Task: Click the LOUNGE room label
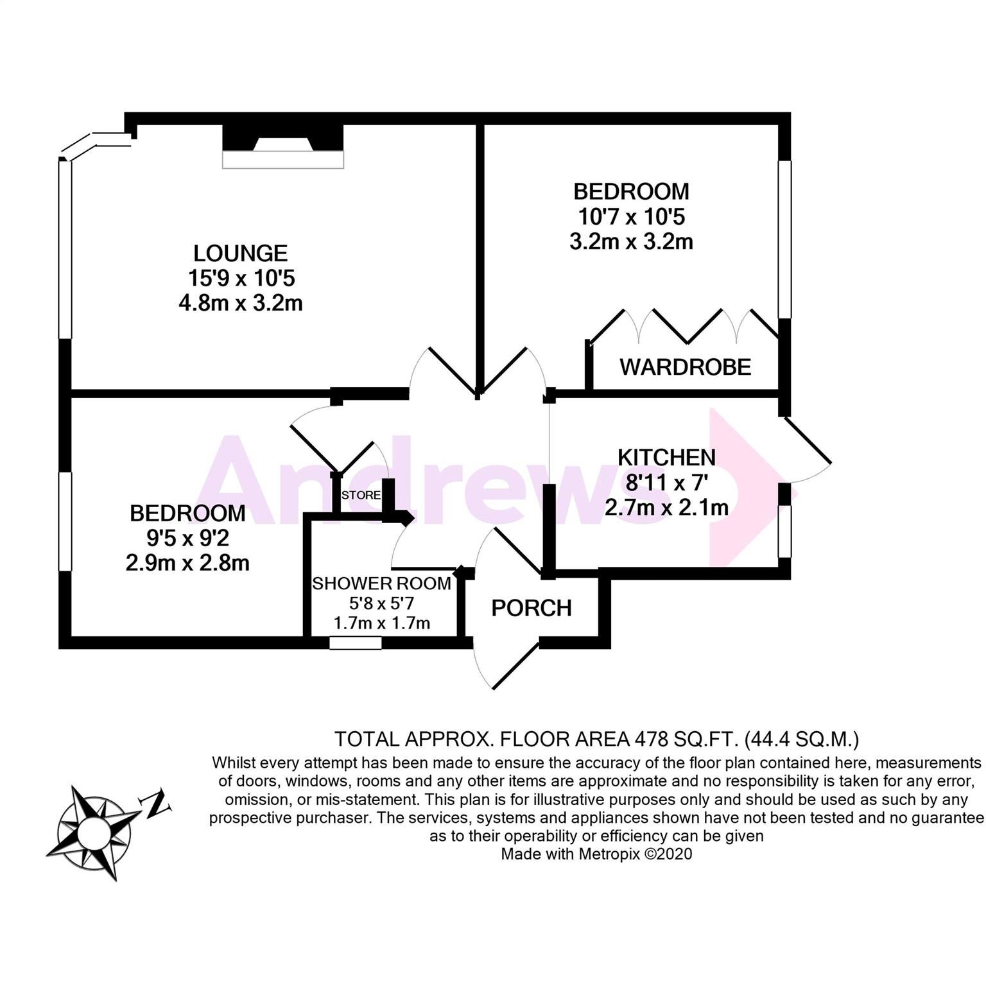pos(241,253)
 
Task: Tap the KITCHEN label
pos(666,457)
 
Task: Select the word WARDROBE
pos(685,367)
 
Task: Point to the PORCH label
pos(531,608)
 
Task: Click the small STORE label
pos(361,496)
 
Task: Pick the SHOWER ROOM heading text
pos(381,584)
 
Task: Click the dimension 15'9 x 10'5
pos(241,278)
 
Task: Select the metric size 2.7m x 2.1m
pos(666,508)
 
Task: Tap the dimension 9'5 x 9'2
pos(187,538)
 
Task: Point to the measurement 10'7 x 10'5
pos(631,216)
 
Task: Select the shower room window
pos(356,643)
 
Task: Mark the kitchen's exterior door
pos(808,449)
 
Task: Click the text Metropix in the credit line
pos(609,854)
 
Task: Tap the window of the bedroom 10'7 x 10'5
pos(784,239)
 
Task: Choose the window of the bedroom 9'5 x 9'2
pos(65,521)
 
